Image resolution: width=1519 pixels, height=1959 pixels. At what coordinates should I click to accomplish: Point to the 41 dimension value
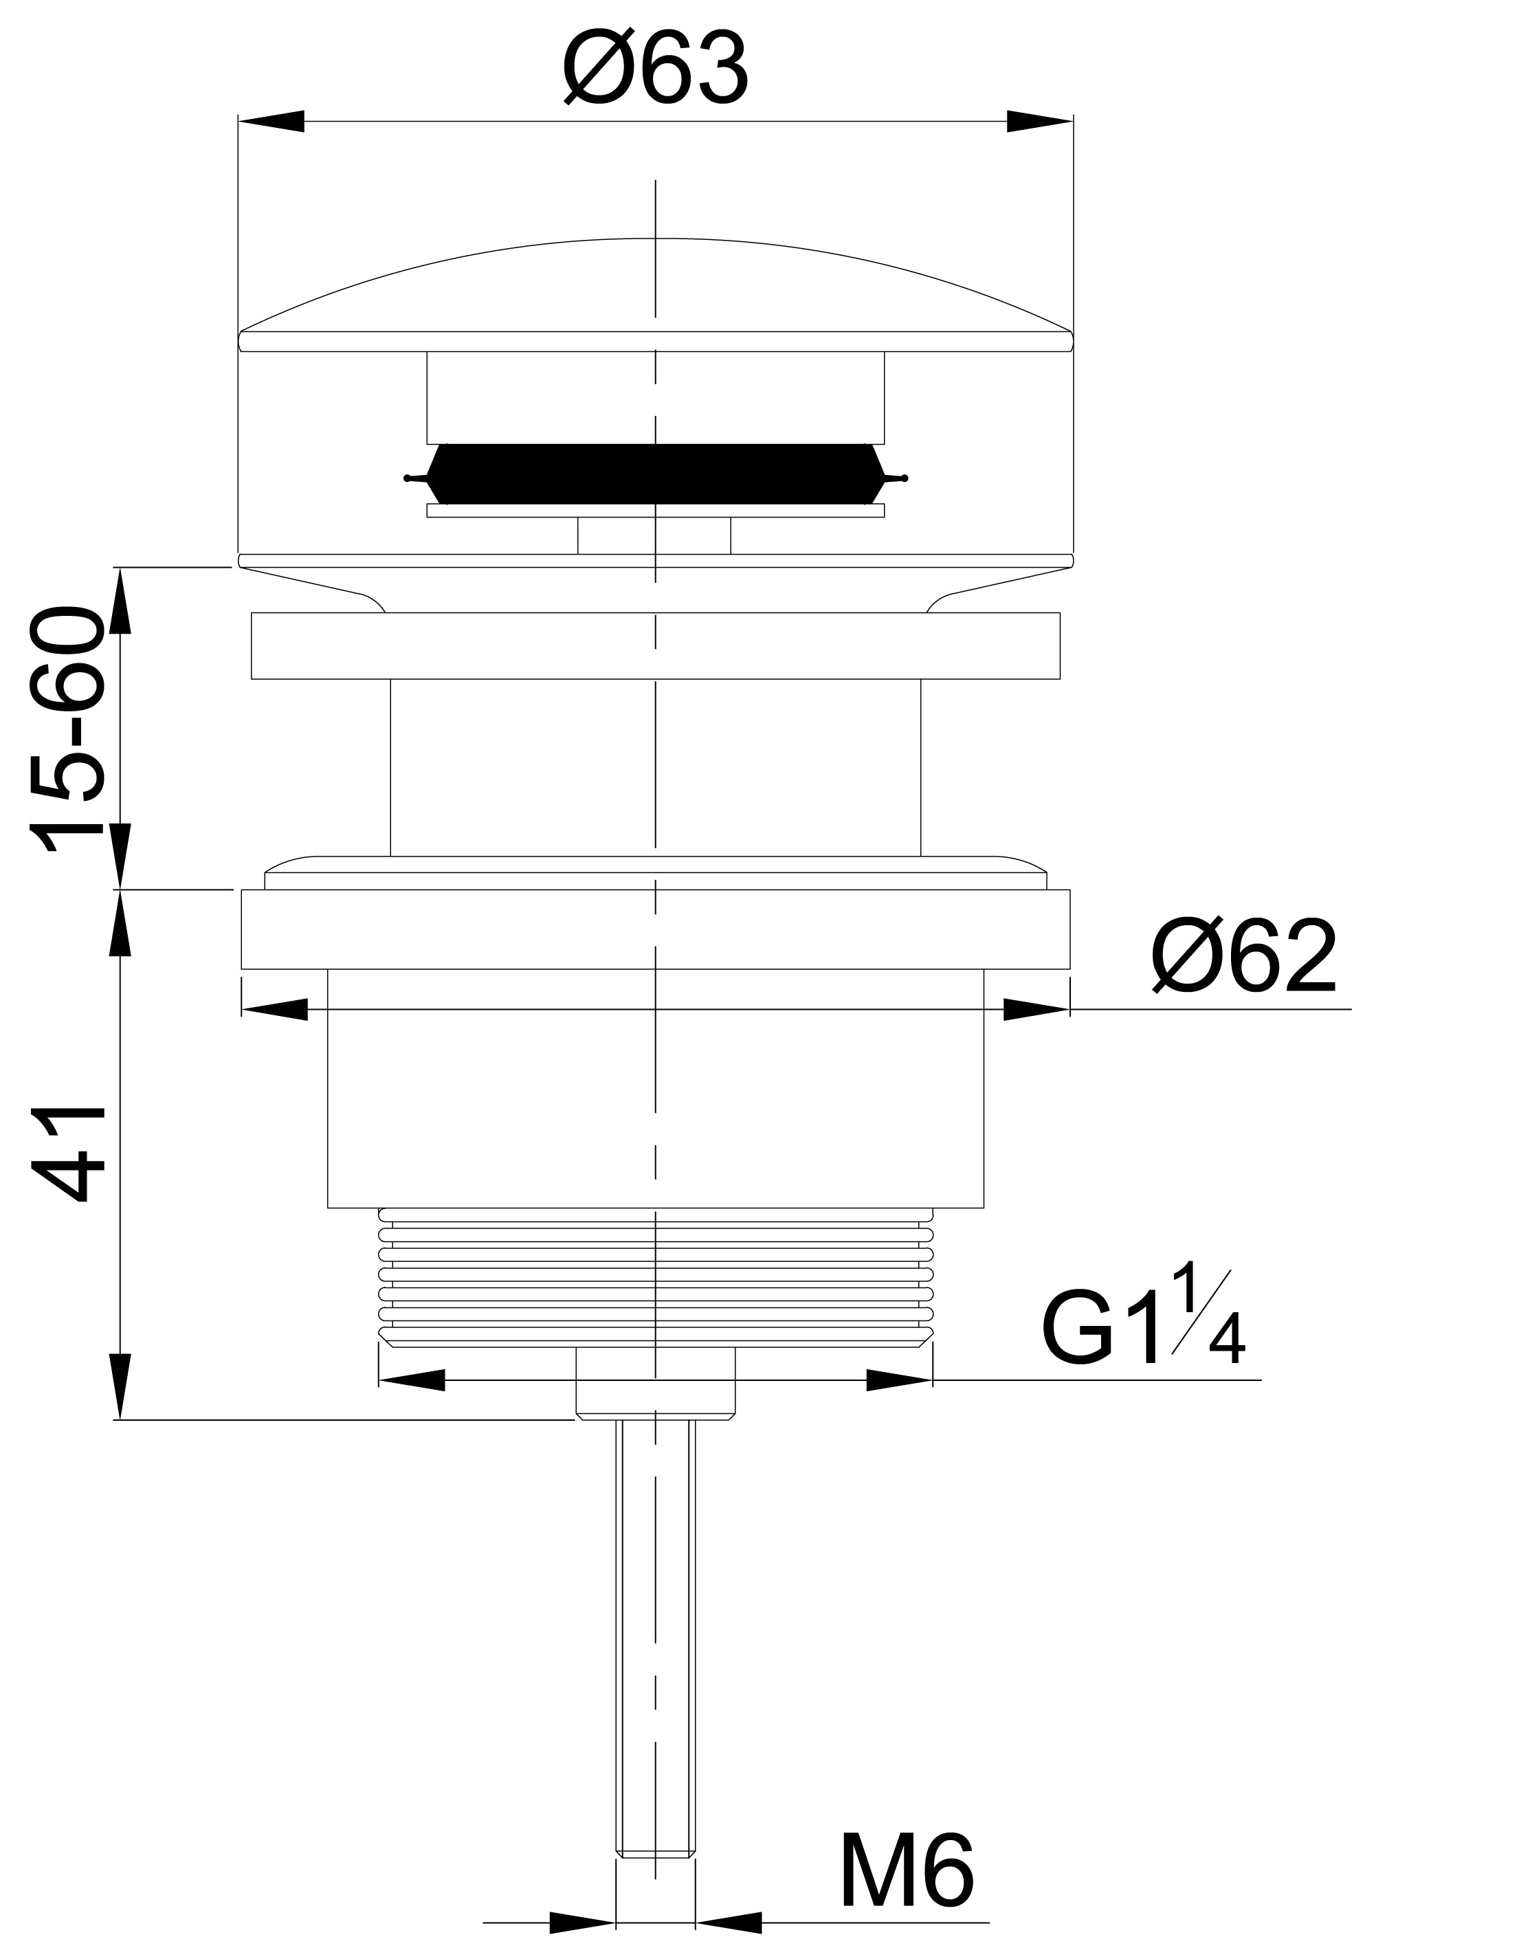[68, 1157]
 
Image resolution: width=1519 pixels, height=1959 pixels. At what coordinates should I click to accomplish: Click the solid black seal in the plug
[656, 474]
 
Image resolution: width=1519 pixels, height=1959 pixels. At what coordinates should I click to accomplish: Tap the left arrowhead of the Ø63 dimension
[271, 121]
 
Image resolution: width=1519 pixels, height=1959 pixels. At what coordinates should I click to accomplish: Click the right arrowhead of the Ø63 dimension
[1039, 121]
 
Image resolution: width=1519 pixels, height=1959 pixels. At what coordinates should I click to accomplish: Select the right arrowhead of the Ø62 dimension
[1036, 1009]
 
